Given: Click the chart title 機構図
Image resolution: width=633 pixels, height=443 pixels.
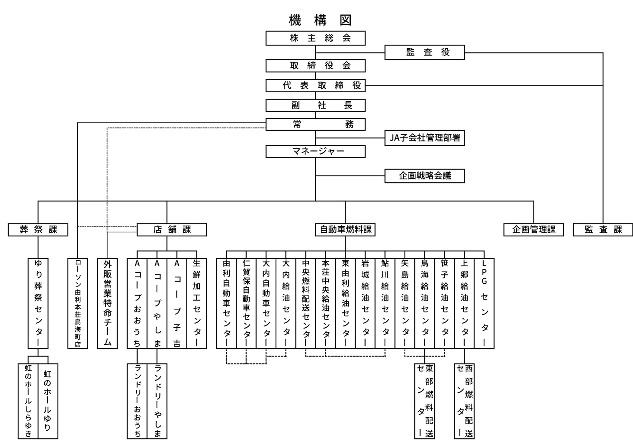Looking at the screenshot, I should (x=320, y=20).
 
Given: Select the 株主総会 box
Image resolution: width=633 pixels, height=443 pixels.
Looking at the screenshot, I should (x=315, y=38).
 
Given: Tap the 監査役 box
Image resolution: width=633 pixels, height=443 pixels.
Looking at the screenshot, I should (x=424, y=52).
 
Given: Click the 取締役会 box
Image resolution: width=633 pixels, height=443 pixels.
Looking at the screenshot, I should (x=315, y=66).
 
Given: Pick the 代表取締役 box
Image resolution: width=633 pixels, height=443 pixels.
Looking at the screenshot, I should (x=315, y=85).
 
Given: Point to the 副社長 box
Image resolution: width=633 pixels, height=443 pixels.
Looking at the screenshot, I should (x=315, y=105).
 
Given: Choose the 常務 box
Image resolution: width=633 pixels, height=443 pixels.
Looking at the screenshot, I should (x=315, y=124).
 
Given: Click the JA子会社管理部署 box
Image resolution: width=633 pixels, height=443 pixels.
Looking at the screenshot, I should (x=424, y=138).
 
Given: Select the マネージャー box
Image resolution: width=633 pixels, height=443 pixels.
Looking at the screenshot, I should (x=315, y=151).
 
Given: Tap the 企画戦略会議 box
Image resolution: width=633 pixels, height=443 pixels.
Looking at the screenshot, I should (x=424, y=176).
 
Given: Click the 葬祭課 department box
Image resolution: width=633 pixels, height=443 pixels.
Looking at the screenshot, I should (x=38, y=230).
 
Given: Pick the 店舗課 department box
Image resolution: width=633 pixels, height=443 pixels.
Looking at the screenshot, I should (x=172, y=230).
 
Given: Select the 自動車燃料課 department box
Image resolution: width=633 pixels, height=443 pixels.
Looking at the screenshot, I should (x=345, y=230).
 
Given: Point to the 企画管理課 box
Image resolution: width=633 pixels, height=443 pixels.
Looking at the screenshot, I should (x=533, y=230).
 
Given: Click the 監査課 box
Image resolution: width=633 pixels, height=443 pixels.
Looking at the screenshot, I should (x=603, y=230).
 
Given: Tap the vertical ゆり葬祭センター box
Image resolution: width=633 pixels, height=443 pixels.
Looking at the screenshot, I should (x=38, y=303).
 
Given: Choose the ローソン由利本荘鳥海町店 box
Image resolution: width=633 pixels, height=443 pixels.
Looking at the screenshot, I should (x=78, y=303).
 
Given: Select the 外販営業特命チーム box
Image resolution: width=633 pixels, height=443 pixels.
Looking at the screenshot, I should (x=107, y=303).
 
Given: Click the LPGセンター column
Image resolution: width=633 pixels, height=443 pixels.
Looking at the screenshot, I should (x=484, y=303).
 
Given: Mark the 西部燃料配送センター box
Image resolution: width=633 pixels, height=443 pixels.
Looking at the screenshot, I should (x=464, y=401).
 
